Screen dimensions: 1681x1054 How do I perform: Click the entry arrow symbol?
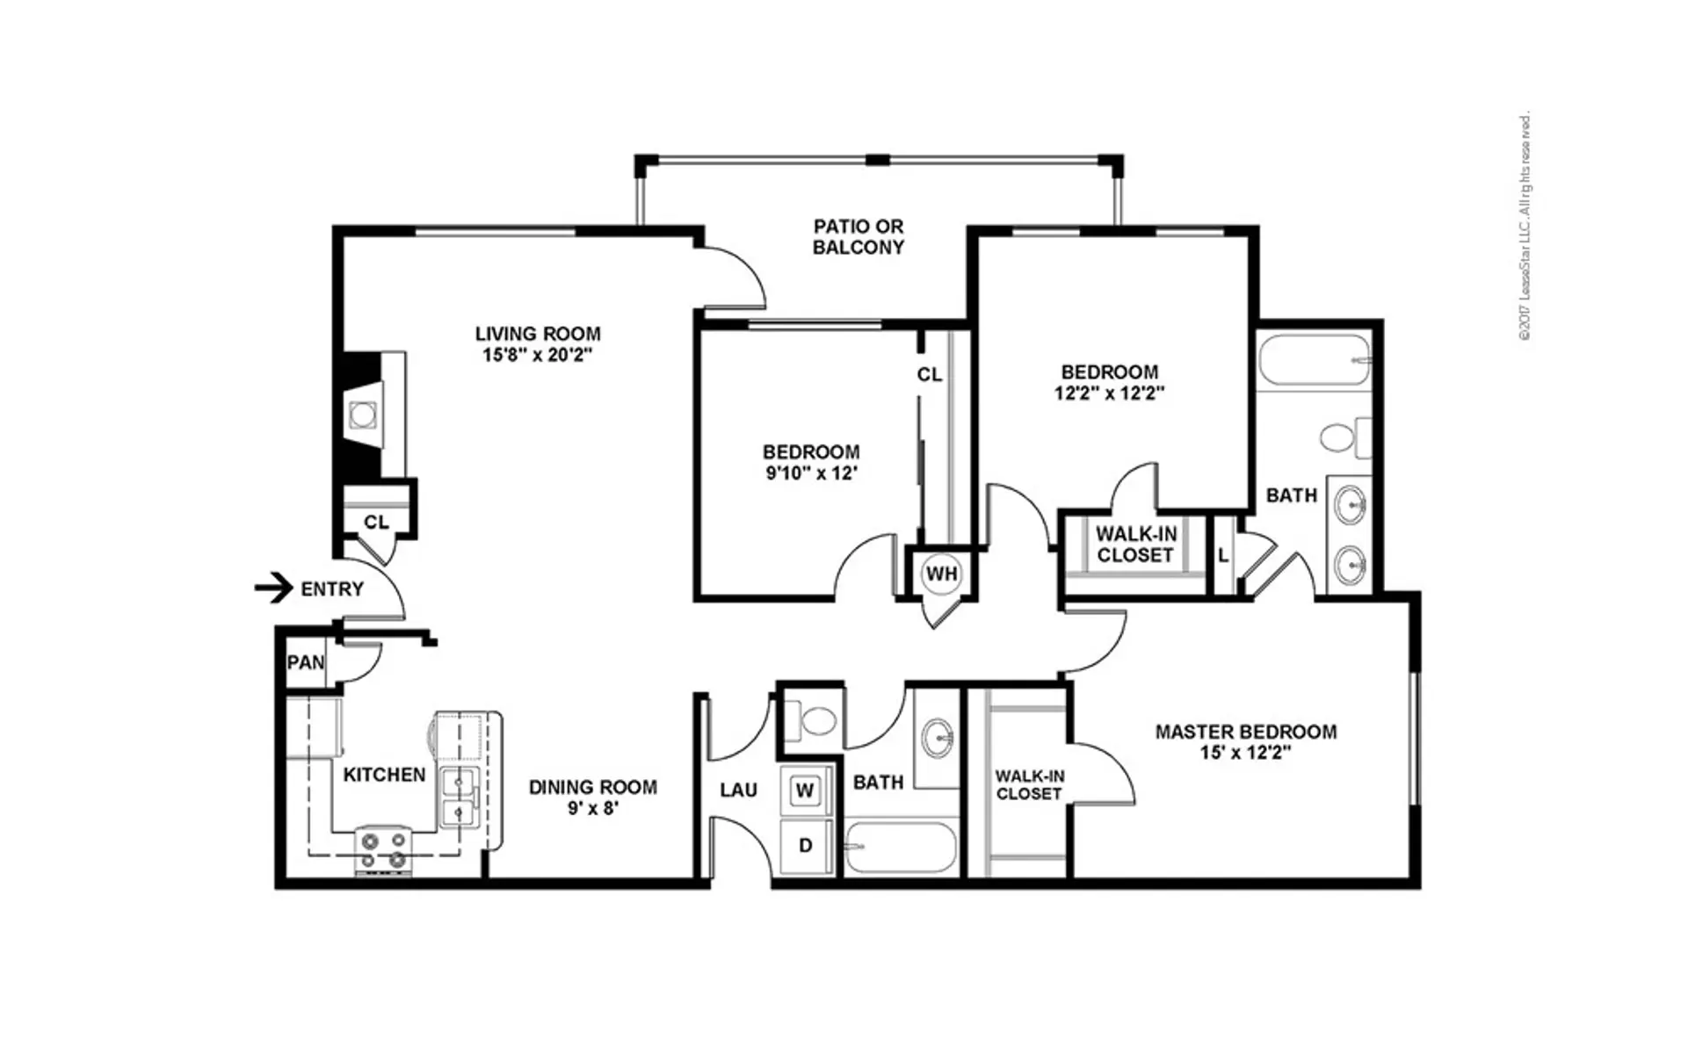point(273,588)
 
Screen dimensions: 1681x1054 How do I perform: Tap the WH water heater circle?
point(941,574)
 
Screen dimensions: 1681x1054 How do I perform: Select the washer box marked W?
point(805,790)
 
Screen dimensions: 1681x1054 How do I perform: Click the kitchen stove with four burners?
point(384,850)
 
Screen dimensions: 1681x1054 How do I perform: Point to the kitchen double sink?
point(458,798)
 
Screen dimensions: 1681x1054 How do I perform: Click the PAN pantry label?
point(306,662)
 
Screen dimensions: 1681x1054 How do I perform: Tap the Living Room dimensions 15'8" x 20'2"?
point(538,356)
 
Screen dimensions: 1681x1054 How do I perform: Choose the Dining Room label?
point(593,787)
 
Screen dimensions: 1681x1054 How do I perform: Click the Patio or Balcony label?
point(859,237)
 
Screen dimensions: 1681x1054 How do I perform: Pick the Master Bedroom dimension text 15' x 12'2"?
point(1246,753)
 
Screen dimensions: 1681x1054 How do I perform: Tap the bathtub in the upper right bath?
point(1314,359)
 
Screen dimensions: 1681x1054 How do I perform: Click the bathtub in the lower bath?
point(901,847)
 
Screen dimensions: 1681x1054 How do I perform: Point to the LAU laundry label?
point(739,790)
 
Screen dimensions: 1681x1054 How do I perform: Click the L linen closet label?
point(1223,555)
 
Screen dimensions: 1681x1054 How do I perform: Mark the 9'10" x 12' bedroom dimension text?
point(811,473)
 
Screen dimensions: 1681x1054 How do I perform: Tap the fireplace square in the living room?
point(361,414)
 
